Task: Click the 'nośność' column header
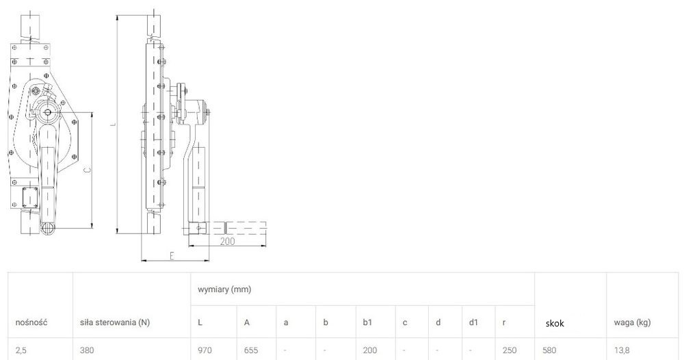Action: coord(31,322)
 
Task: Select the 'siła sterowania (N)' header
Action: coord(115,322)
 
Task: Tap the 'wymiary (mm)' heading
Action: coord(224,290)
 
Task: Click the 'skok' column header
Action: coord(555,323)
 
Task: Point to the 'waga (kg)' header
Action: coord(632,322)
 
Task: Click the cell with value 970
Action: coord(205,350)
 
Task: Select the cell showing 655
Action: coord(251,350)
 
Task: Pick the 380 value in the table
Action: coord(87,350)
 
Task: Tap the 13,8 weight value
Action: coord(621,350)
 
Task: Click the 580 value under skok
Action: coord(550,350)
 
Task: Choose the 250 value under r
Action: coord(510,350)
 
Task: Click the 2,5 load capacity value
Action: coord(21,350)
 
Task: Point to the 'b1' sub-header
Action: coord(367,322)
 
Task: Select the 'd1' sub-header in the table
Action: coord(474,322)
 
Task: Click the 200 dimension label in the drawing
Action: coord(227,242)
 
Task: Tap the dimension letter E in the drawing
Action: coord(172,256)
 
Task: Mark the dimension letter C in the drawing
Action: coord(87,171)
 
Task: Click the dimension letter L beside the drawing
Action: coord(113,125)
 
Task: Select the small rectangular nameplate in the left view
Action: coord(30,197)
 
